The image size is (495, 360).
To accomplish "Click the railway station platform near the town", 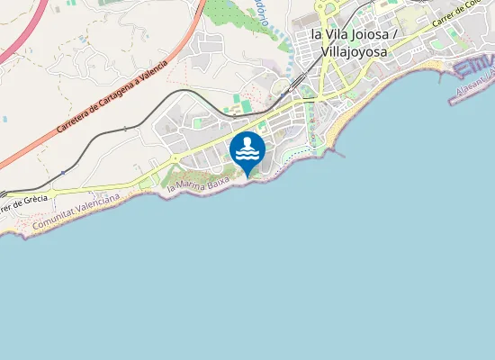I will pyautogui.click(x=294, y=82).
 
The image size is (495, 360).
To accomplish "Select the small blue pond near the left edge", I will pyautogui.click(x=4, y=118).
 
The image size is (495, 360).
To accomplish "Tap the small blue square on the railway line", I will pyautogui.click(x=63, y=171).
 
